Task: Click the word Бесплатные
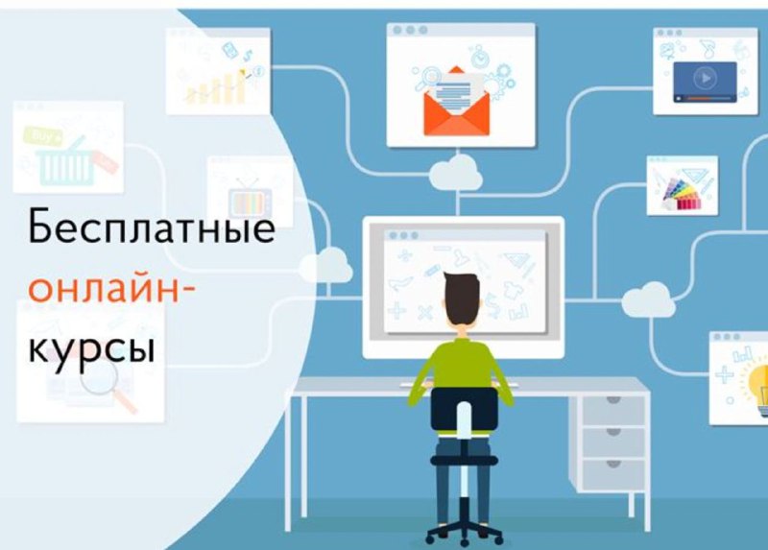(152, 227)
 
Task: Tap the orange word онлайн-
(111, 289)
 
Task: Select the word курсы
(91, 348)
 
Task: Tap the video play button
(706, 78)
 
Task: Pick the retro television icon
(250, 198)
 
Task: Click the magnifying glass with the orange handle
(108, 385)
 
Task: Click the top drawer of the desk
(613, 410)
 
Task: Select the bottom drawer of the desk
(613, 474)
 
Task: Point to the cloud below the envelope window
(455, 173)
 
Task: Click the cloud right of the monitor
(649, 299)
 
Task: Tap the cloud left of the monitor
(325, 266)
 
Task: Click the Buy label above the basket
(43, 135)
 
